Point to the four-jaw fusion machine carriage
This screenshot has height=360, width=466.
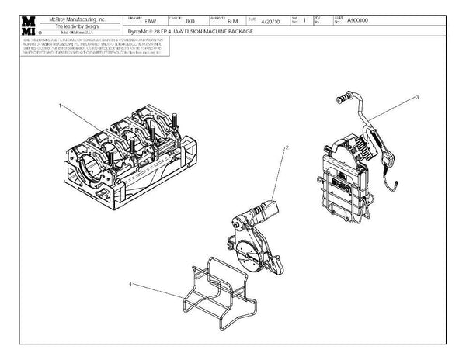pyautogui.click(x=124, y=155)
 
